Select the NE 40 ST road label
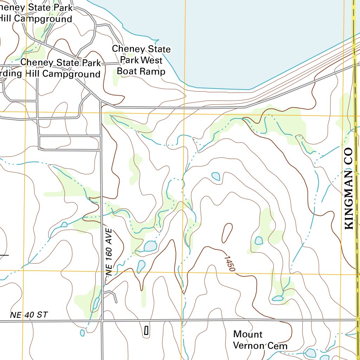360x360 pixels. pos(29,315)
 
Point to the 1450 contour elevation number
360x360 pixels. pos(229,263)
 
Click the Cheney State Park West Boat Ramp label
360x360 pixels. pos(141,60)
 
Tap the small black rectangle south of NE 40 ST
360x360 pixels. pos(146,330)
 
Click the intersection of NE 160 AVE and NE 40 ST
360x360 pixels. pos(102,321)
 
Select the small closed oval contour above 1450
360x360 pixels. pos(227,232)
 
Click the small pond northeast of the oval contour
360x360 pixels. pos(216,176)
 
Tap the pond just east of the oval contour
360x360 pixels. pos(259,240)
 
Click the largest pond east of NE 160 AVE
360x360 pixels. pos(150,246)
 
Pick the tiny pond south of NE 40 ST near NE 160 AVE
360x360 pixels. pos(82,332)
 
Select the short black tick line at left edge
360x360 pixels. pos(4,255)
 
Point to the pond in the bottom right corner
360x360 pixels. pos(310,353)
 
